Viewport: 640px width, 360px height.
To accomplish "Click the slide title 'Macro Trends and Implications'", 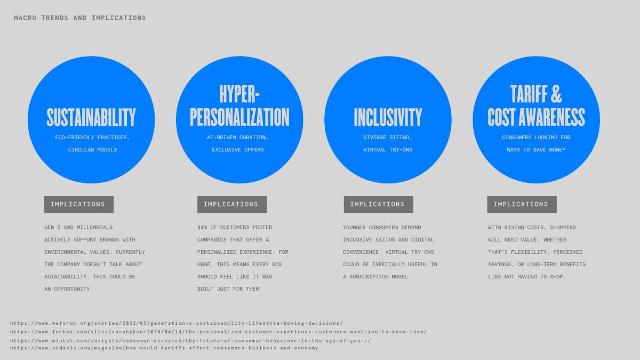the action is tap(80, 18).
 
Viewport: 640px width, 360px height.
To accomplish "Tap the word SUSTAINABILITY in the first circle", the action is tap(91, 117).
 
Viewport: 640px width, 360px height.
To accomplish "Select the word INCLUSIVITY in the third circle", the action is tap(388, 117).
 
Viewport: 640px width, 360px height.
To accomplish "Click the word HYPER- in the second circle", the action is tap(239, 94).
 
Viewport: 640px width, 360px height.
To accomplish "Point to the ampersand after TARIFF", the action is tap(556, 94).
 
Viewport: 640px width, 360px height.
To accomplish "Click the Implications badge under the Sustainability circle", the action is tap(79, 204).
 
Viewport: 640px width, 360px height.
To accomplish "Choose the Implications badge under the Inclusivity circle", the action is tap(379, 204).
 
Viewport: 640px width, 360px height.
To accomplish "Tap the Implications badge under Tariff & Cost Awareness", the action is tap(522, 204).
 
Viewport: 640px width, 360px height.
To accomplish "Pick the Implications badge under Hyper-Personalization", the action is tap(232, 204).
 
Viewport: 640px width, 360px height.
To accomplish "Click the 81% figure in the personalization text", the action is tap(202, 227).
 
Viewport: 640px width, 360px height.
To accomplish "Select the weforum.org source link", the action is tap(177, 323).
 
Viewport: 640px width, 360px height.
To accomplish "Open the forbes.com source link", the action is tap(219, 332).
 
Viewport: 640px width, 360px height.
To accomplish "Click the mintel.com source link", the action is tap(190, 341).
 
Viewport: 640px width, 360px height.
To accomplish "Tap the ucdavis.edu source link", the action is tap(164, 348).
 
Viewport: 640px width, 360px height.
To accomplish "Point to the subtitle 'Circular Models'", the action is tap(93, 150).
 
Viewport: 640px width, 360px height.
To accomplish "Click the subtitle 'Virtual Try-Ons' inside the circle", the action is tap(388, 150).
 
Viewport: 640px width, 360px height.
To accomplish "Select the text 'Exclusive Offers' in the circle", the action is tap(238, 150).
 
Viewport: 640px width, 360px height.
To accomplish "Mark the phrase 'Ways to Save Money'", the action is tap(537, 150).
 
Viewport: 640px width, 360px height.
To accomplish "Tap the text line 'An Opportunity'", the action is tap(67, 289).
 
